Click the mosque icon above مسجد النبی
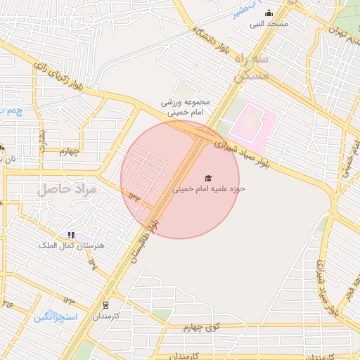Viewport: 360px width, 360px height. point(268,13)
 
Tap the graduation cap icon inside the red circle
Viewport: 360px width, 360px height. point(208,178)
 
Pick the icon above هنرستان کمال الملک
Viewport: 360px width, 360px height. point(71,234)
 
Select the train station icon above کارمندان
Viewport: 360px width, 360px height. point(106,305)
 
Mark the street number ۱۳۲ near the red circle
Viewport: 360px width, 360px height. point(134,196)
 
